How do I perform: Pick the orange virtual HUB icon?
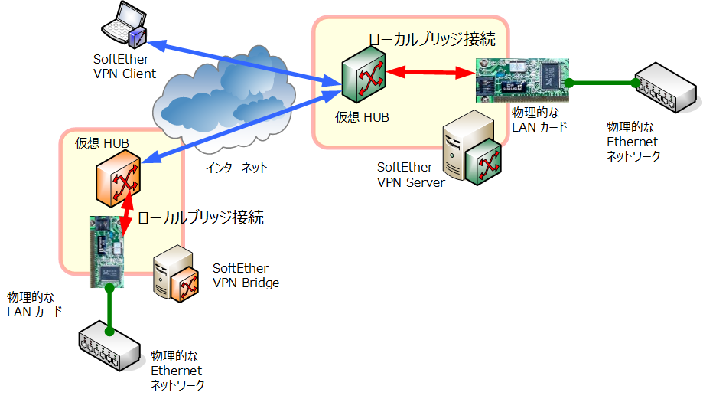[118, 183]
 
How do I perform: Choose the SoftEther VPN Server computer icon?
[474, 149]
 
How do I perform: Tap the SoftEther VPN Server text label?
[410, 175]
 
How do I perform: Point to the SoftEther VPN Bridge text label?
[246, 276]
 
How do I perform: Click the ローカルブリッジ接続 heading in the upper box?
[431, 38]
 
